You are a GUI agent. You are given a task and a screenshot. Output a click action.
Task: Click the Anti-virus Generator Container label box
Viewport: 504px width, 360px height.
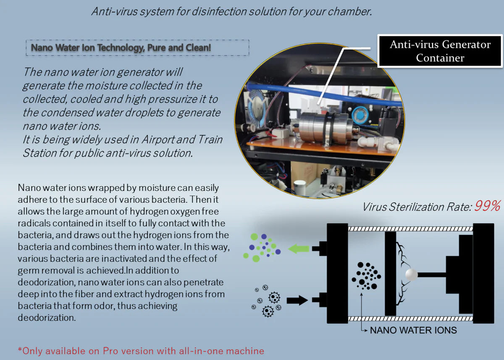(x=440, y=51)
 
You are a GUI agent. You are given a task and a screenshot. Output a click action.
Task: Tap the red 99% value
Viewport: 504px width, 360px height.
(x=487, y=207)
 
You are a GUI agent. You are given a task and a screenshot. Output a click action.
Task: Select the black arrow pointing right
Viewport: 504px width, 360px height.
(x=297, y=300)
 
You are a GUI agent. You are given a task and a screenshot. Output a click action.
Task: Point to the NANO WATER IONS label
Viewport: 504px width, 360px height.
(x=413, y=330)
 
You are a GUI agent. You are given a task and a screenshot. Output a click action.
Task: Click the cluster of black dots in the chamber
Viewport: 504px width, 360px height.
(x=366, y=276)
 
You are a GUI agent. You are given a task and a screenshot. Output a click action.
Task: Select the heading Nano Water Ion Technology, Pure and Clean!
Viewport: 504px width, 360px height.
(x=121, y=48)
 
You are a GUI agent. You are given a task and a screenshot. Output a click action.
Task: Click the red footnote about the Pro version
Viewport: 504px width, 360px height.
(x=141, y=351)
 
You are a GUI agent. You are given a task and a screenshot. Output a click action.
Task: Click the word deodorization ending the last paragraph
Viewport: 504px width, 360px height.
(x=46, y=318)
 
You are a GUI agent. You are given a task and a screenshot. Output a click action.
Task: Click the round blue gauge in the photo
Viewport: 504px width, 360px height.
(x=360, y=114)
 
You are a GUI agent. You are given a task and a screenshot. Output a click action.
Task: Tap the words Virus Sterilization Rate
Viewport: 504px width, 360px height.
(x=416, y=207)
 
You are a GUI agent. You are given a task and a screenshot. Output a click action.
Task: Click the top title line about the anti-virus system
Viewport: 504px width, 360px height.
(x=231, y=11)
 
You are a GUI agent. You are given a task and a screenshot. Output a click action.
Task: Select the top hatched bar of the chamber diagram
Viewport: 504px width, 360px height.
(x=410, y=229)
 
